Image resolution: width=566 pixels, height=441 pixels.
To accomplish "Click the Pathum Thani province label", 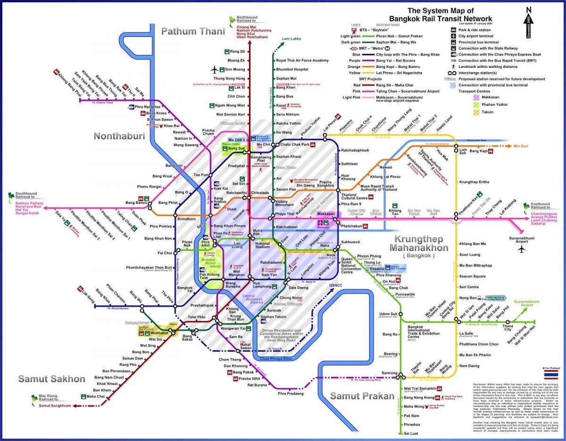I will tap(192, 32).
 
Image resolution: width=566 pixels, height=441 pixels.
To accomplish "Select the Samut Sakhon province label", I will tap(52, 379).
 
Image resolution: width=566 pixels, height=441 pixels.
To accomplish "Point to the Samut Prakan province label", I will tap(362, 396).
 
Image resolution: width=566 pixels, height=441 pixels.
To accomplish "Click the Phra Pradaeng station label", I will tap(290, 393).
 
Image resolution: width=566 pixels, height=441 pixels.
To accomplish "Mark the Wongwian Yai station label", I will tap(233, 328).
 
